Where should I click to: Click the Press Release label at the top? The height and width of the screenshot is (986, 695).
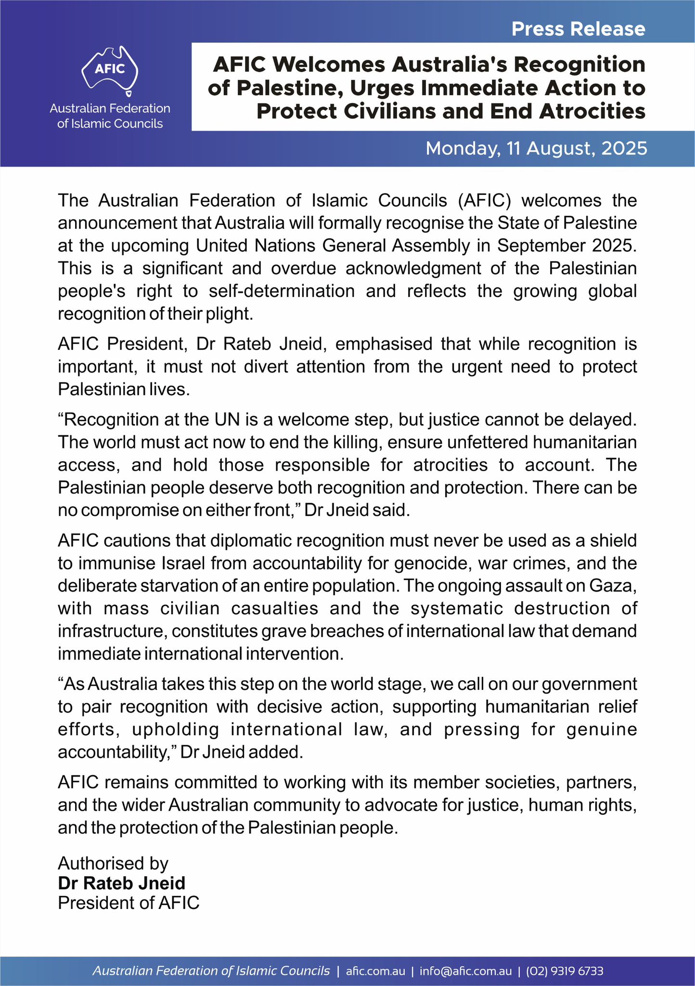click(578, 29)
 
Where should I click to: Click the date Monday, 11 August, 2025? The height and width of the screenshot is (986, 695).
click(536, 148)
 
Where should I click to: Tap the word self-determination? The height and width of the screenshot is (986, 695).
click(282, 291)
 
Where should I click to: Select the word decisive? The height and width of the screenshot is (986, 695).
click(288, 707)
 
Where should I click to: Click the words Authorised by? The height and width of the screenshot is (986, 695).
click(113, 864)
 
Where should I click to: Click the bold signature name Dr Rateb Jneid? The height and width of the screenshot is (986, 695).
click(121, 883)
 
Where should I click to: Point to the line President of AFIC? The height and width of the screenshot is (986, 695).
click(129, 903)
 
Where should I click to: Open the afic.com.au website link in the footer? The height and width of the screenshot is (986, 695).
click(375, 971)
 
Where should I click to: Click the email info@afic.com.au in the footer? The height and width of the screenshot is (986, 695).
click(465, 971)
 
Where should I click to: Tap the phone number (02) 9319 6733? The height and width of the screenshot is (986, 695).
click(564, 971)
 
